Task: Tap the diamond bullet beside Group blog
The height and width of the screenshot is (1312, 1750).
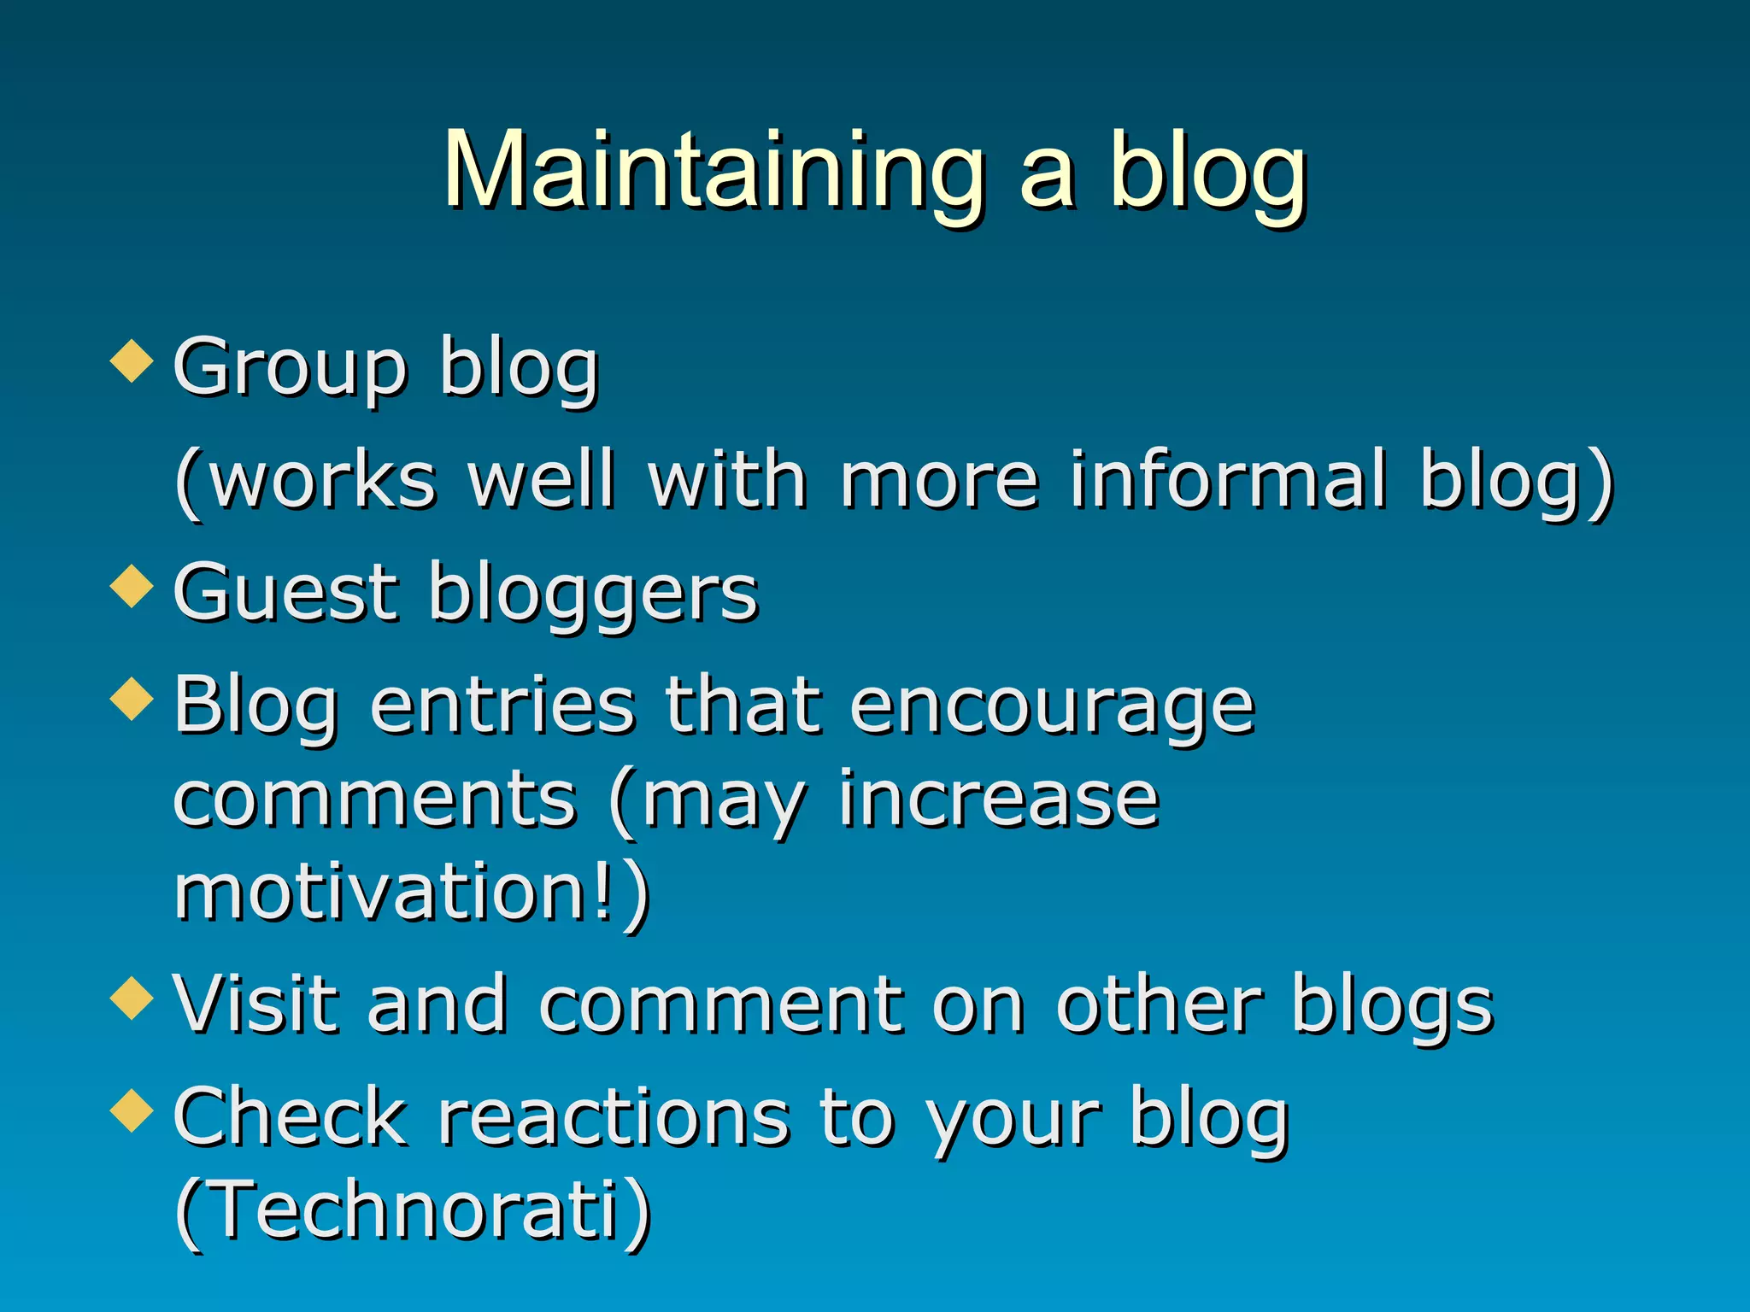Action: click(x=132, y=361)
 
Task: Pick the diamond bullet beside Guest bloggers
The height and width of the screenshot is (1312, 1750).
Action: click(x=132, y=587)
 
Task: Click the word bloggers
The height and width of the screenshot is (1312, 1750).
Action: click(x=593, y=594)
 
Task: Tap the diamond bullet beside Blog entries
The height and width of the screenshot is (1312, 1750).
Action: click(x=132, y=700)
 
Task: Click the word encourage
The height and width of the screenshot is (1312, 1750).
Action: click(x=1052, y=707)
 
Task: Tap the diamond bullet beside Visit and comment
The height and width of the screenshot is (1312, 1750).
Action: click(x=132, y=999)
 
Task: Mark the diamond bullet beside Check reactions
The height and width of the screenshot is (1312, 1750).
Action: click(x=132, y=1111)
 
